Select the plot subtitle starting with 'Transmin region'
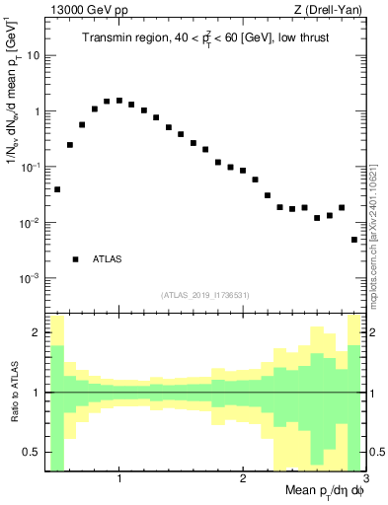pos(206,38)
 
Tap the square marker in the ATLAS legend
pos(75,259)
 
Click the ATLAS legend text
pos(108,259)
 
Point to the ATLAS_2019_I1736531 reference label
pos(205,295)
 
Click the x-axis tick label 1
pos(119,478)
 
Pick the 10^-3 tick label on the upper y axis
pos(30,279)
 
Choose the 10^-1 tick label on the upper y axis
pos(30,168)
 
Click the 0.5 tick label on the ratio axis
pos(32,453)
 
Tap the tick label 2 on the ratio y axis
pos(38,333)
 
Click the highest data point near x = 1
pos(119,101)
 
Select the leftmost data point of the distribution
pos(57,188)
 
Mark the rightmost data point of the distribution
pos(354,240)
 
